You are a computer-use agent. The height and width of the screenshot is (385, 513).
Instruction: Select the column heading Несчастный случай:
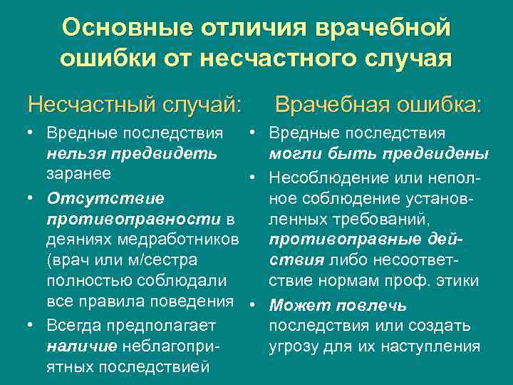134,106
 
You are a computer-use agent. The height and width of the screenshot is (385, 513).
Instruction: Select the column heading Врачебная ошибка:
378,106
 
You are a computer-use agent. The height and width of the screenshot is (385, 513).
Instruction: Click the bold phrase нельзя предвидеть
133,153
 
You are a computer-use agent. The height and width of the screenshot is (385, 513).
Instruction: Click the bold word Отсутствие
105,197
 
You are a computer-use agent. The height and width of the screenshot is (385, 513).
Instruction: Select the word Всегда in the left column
74,325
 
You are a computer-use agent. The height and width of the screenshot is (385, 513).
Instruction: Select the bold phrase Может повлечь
338,306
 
